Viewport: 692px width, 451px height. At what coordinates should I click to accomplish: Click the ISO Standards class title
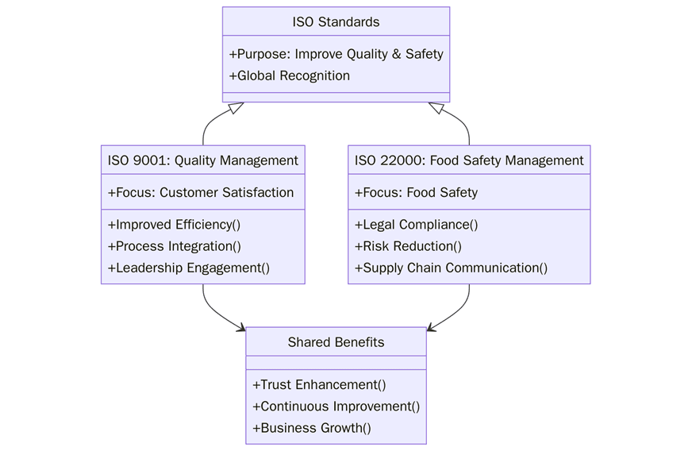pyautogui.click(x=336, y=22)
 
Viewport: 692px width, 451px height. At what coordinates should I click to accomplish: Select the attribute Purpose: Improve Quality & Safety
pyautogui.click(x=336, y=54)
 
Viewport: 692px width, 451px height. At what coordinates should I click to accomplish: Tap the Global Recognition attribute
pyautogui.click(x=290, y=76)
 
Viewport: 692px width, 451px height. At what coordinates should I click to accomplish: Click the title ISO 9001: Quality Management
pyautogui.click(x=203, y=160)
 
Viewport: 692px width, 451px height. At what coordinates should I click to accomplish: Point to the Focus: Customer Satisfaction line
pyautogui.click(x=201, y=193)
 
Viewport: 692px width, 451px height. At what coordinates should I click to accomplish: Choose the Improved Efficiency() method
pyautogui.click(x=174, y=225)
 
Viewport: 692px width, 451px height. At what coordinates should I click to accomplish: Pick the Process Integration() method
pyautogui.click(x=174, y=246)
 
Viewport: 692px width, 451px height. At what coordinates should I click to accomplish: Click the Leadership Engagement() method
pyautogui.click(x=189, y=268)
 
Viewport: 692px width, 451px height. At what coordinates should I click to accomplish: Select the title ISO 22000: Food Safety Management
pyautogui.click(x=469, y=160)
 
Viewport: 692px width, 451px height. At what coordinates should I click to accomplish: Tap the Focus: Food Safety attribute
pyautogui.click(x=416, y=193)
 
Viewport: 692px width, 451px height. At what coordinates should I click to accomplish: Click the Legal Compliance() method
pyautogui.click(x=416, y=225)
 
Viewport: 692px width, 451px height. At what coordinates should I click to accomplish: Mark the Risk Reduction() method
pyautogui.click(x=408, y=246)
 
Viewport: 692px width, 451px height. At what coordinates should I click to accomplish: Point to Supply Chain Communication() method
pyautogui.click(x=451, y=268)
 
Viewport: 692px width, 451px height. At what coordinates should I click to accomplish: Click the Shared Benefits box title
pyautogui.click(x=336, y=343)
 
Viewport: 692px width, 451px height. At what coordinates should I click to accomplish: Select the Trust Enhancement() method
pyautogui.click(x=319, y=385)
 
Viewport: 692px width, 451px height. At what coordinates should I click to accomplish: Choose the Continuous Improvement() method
pyautogui.click(x=336, y=407)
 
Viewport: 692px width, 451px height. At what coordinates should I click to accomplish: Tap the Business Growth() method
pyautogui.click(x=312, y=429)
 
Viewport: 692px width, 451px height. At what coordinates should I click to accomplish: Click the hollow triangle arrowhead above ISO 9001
pyautogui.click(x=236, y=109)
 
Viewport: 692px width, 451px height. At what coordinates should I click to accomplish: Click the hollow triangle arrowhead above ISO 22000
pyautogui.click(x=436, y=109)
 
